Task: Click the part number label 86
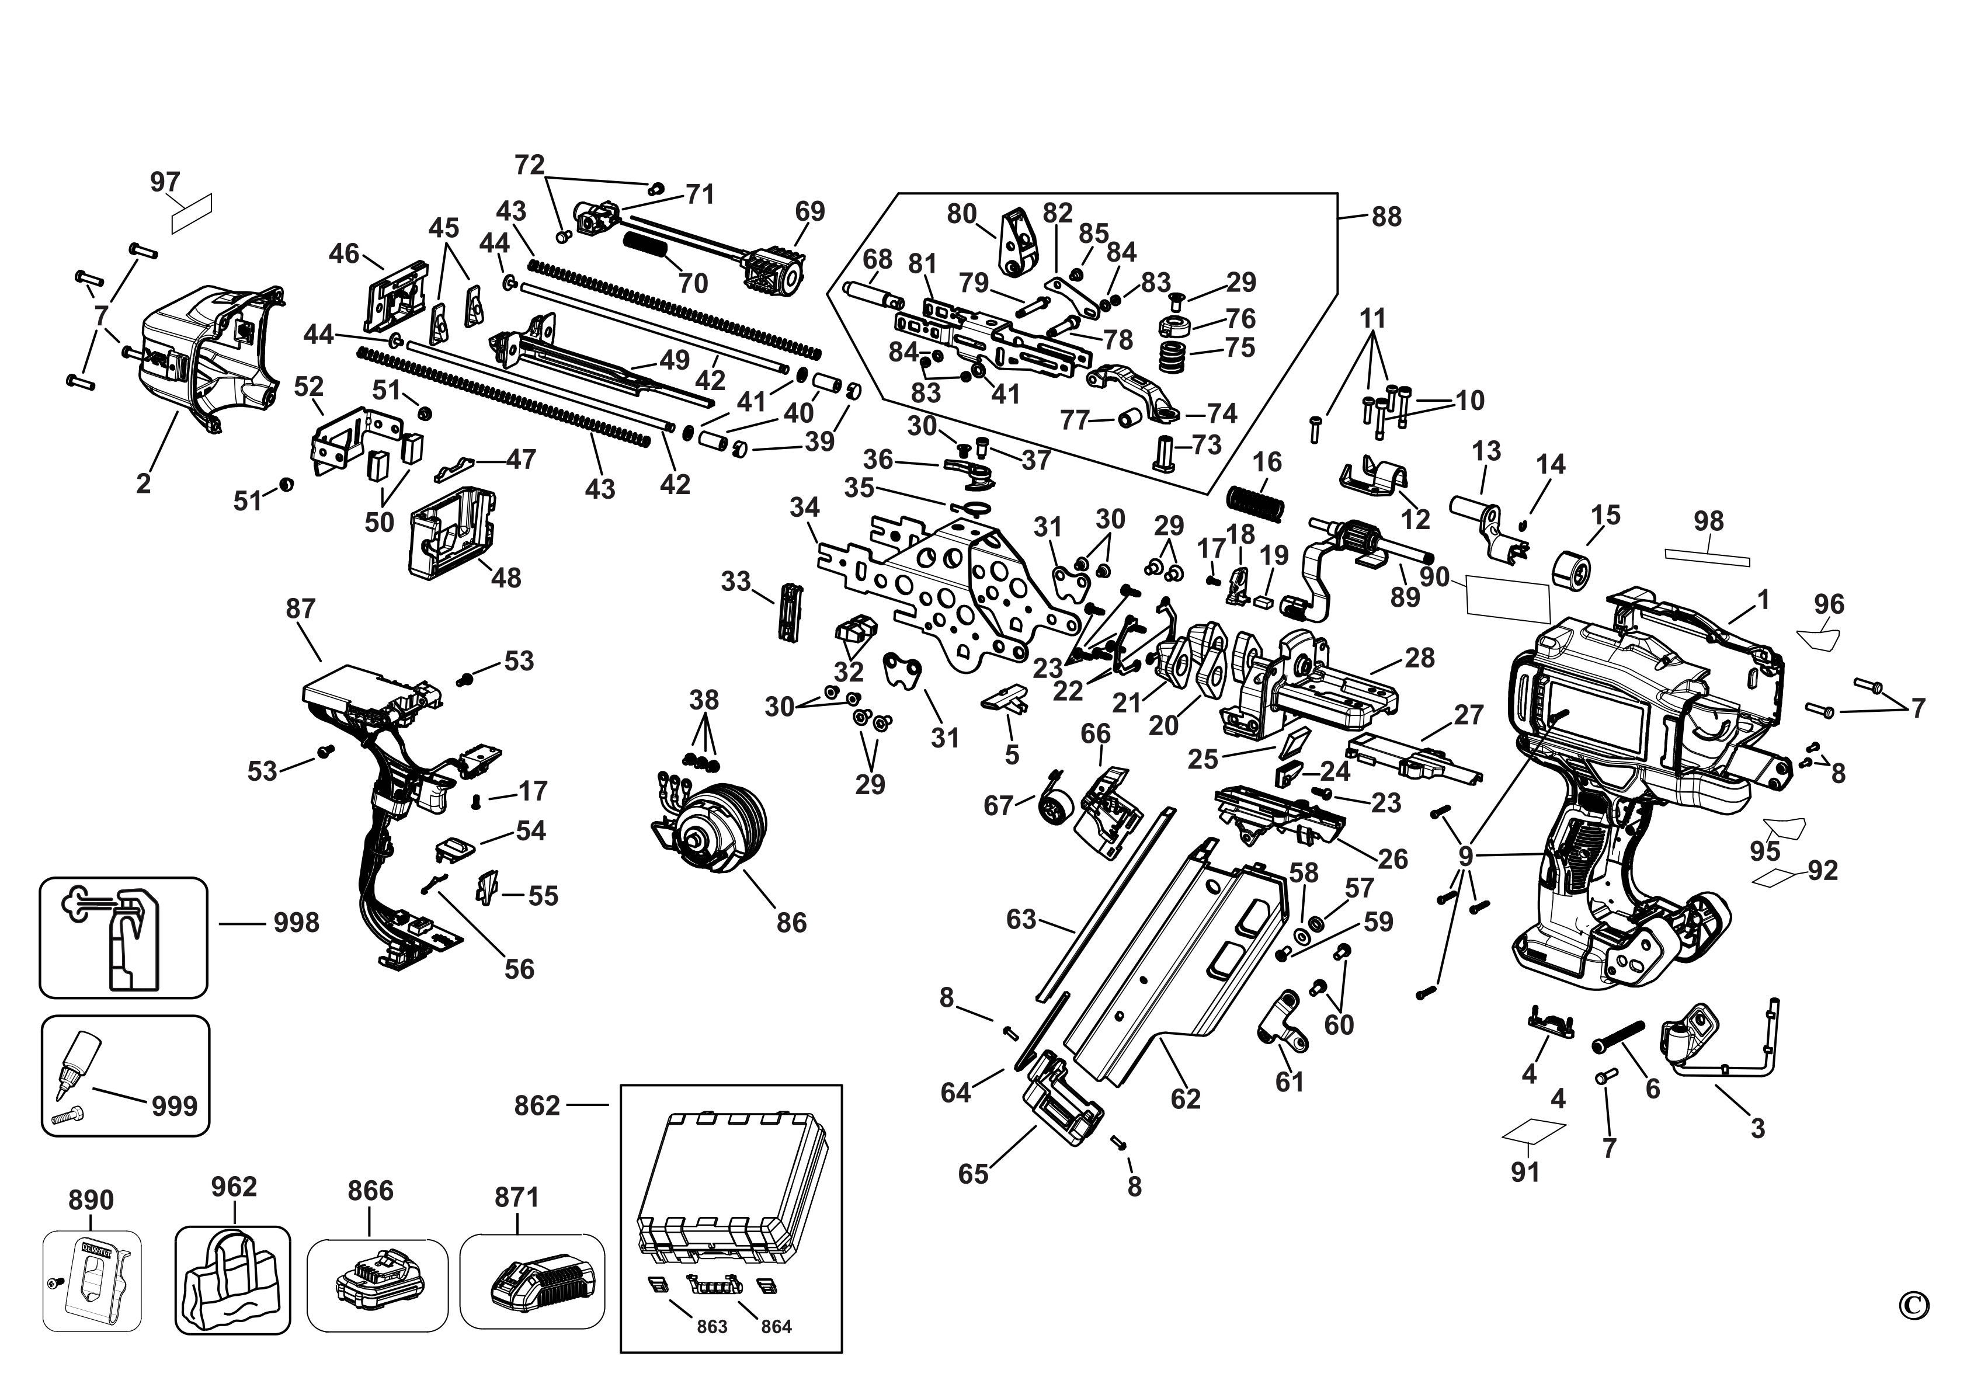click(791, 923)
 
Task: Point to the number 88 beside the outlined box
click(1386, 217)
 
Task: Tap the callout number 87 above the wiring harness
click(301, 609)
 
